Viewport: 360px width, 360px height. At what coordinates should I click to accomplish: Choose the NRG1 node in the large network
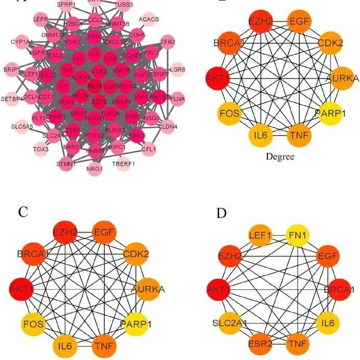95,169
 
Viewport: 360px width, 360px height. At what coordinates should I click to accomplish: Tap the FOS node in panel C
32,324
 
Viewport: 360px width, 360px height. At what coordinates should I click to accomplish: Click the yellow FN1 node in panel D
299,236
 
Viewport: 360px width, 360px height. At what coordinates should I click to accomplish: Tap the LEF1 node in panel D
260,236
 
